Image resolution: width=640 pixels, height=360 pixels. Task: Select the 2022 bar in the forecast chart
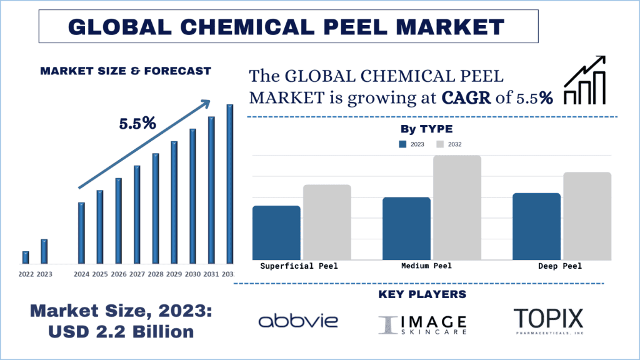[x=26, y=257]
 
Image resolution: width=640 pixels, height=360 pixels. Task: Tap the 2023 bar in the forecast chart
[x=44, y=251]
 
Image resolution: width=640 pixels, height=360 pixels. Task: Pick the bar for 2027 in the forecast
[x=137, y=214]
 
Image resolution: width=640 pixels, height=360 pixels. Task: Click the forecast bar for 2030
[x=192, y=196]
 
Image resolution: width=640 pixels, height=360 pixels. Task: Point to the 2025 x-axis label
[x=100, y=274]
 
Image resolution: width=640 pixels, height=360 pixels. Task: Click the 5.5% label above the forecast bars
[x=137, y=123]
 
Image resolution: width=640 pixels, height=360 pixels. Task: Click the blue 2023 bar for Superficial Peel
[x=276, y=232]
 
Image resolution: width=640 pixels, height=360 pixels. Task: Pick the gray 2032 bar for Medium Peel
[x=457, y=207]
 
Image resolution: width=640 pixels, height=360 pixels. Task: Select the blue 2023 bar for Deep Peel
[x=536, y=226]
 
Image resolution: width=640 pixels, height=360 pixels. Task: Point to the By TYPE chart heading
[x=426, y=129]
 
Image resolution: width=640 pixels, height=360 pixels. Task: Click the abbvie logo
[x=298, y=321]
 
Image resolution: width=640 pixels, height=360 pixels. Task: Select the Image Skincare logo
[x=422, y=322]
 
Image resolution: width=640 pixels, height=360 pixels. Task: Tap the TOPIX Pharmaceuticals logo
[x=548, y=321]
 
